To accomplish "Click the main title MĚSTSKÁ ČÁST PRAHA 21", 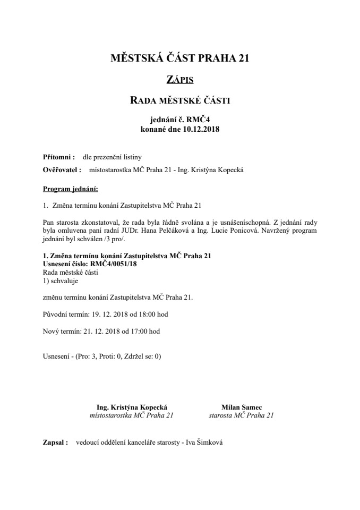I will point(179,58).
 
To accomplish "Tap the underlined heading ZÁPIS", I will point(179,80).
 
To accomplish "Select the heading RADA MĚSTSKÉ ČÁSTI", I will point(179,100).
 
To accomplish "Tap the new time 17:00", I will point(138,331).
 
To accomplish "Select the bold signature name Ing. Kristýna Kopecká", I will point(132,407).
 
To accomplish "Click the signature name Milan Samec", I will point(242,407).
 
